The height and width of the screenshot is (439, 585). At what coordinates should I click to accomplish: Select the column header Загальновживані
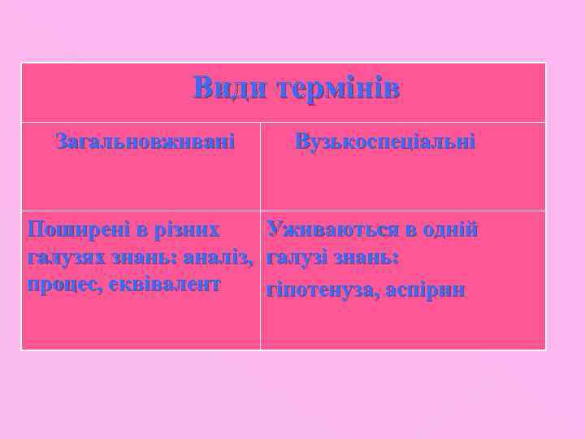[x=145, y=142]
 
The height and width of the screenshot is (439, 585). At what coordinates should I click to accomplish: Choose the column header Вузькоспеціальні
[x=385, y=142]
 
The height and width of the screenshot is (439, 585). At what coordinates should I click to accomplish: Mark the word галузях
[x=62, y=257]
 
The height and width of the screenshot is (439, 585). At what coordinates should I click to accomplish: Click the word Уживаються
[x=332, y=229]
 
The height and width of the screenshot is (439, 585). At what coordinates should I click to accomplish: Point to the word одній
[x=449, y=229]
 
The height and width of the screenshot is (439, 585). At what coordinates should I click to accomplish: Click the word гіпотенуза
[x=318, y=290]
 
